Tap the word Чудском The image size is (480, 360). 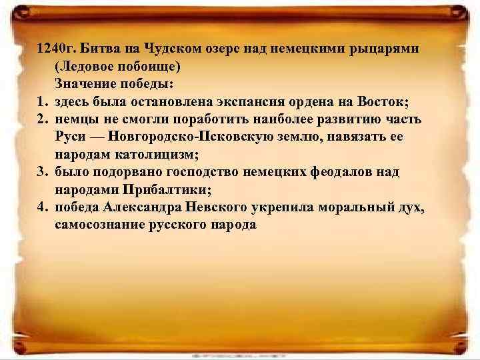point(173,50)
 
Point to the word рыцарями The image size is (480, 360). point(391,50)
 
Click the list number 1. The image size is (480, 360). point(43,102)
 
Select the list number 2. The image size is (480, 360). point(43,119)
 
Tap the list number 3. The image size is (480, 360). point(43,172)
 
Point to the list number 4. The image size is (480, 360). point(43,207)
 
